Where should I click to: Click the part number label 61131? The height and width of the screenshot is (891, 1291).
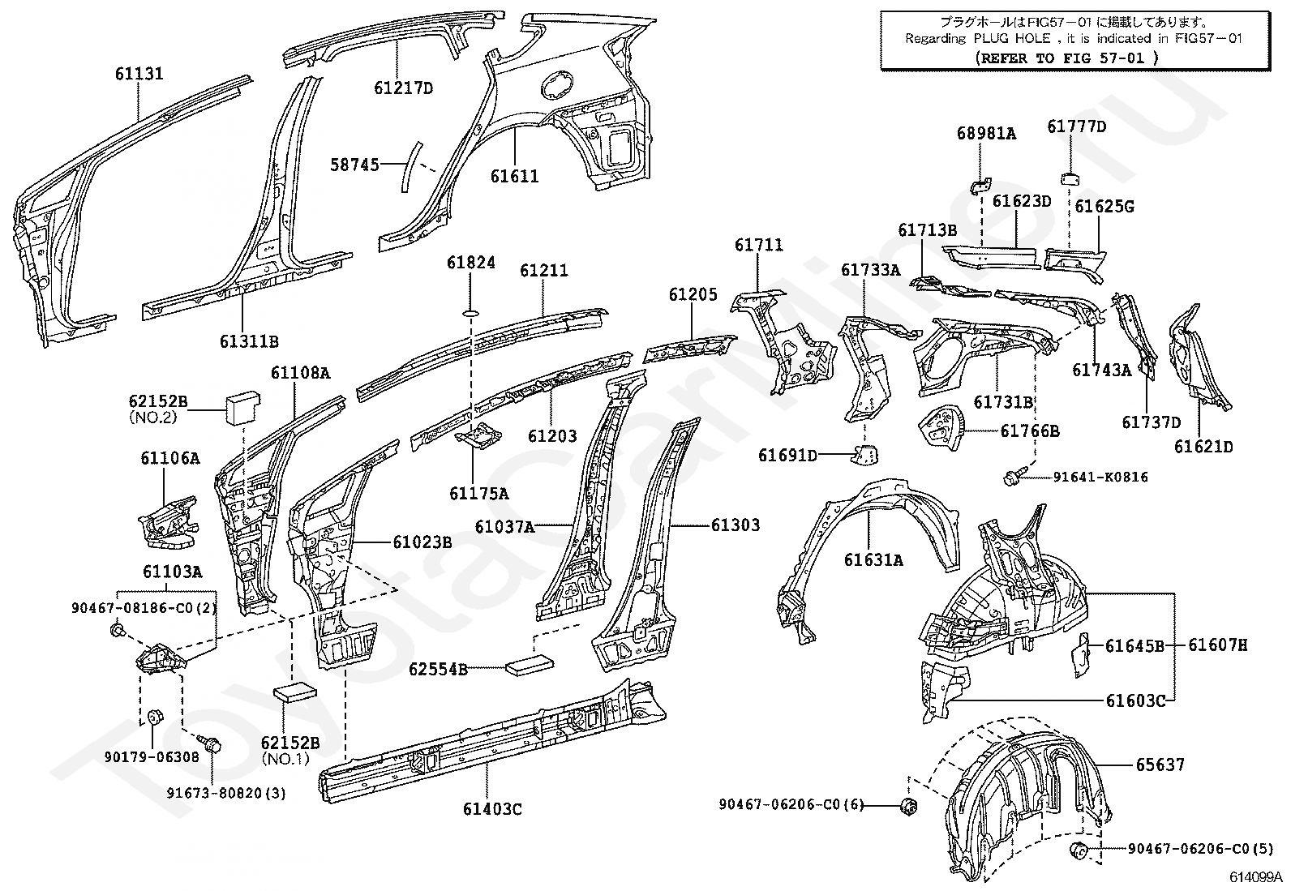pyautogui.click(x=139, y=74)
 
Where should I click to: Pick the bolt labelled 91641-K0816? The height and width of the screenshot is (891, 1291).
pyautogui.click(x=1015, y=478)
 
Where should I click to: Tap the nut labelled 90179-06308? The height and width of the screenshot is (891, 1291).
pyautogui.click(x=156, y=718)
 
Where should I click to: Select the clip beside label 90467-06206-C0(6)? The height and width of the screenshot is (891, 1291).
pyautogui.click(x=908, y=805)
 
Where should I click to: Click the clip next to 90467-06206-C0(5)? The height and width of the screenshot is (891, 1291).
pyautogui.click(x=1079, y=850)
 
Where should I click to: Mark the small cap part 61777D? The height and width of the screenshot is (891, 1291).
pyautogui.click(x=1070, y=178)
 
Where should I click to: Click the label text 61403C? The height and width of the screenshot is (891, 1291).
pyautogui.click(x=492, y=808)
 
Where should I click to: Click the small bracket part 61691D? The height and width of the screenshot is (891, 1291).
pyautogui.click(x=864, y=456)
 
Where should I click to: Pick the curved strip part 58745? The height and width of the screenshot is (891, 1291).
pyautogui.click(x=413, y=166)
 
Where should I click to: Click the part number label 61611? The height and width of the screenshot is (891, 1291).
pyautogui.click(x=514, y=176)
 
